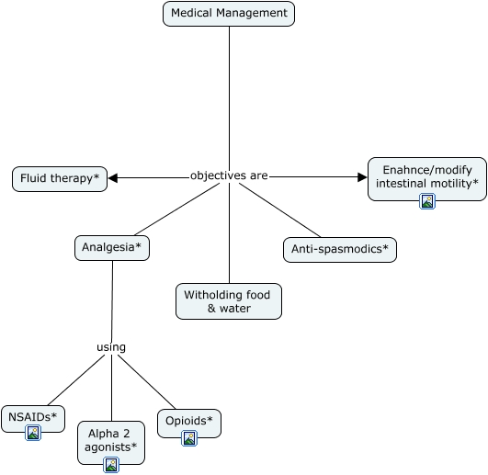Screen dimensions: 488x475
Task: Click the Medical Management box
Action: point(229,14)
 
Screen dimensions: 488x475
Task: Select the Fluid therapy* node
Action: point(60,179)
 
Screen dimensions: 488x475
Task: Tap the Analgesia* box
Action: point(112,248)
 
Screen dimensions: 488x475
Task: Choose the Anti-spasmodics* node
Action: point(340,250)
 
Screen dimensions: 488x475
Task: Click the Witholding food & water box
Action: point(229,301)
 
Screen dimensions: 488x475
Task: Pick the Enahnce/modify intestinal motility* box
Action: point(427,179)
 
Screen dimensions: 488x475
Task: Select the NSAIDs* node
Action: point(33,418)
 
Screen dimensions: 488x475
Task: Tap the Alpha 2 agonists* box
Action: point(111,443)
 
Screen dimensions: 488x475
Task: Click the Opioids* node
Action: point(189,424)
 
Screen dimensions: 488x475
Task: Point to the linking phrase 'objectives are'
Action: point(229,175)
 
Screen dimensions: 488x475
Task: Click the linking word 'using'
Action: point(111,347)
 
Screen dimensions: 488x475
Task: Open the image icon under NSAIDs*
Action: point(33,433)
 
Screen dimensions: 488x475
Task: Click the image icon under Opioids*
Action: point(189,438)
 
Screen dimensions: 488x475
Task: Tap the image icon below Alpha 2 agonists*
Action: point(111,465)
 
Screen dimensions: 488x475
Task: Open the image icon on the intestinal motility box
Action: point(427,201)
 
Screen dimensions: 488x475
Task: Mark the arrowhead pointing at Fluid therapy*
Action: point(113,178)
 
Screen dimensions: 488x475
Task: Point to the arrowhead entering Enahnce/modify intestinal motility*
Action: point(363,177)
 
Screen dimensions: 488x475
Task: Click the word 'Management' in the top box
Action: point(252,14)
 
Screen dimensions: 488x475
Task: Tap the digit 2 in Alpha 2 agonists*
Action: point(126,434)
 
